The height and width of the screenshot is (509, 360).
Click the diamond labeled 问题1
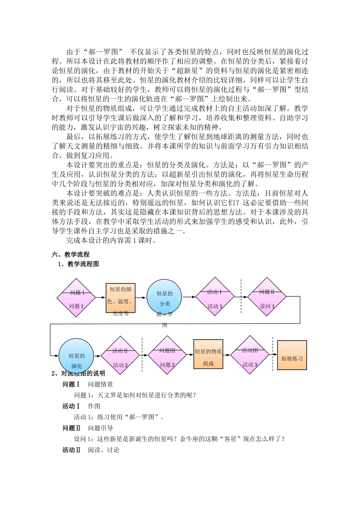[x=76, y=298]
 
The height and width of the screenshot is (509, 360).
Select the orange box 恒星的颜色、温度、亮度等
[x=121, y=298]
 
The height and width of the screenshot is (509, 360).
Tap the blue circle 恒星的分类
[x=164, y=298]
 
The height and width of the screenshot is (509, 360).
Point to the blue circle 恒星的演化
[x=77, y=356]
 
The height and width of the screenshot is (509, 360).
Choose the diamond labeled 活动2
[x=121, y=356]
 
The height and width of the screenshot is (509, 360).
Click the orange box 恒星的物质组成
[x=208, y=354]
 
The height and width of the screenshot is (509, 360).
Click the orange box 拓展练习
[x=292, y=355]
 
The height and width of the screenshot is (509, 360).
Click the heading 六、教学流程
[x=70, y=254]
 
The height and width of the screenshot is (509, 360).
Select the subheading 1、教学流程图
[x=78, y=264]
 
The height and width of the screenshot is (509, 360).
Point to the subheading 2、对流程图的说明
[x=78, y=373]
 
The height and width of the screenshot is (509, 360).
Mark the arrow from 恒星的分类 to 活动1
[x=189, y=297]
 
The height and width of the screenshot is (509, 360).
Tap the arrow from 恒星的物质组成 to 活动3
[x=227, y=355]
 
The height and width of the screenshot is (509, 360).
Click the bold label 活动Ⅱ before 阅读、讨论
[x=72, y=450]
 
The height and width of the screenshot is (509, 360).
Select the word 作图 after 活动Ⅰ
[x=94, y=406]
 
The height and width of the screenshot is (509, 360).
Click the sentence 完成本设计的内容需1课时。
[x=111, y=240]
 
